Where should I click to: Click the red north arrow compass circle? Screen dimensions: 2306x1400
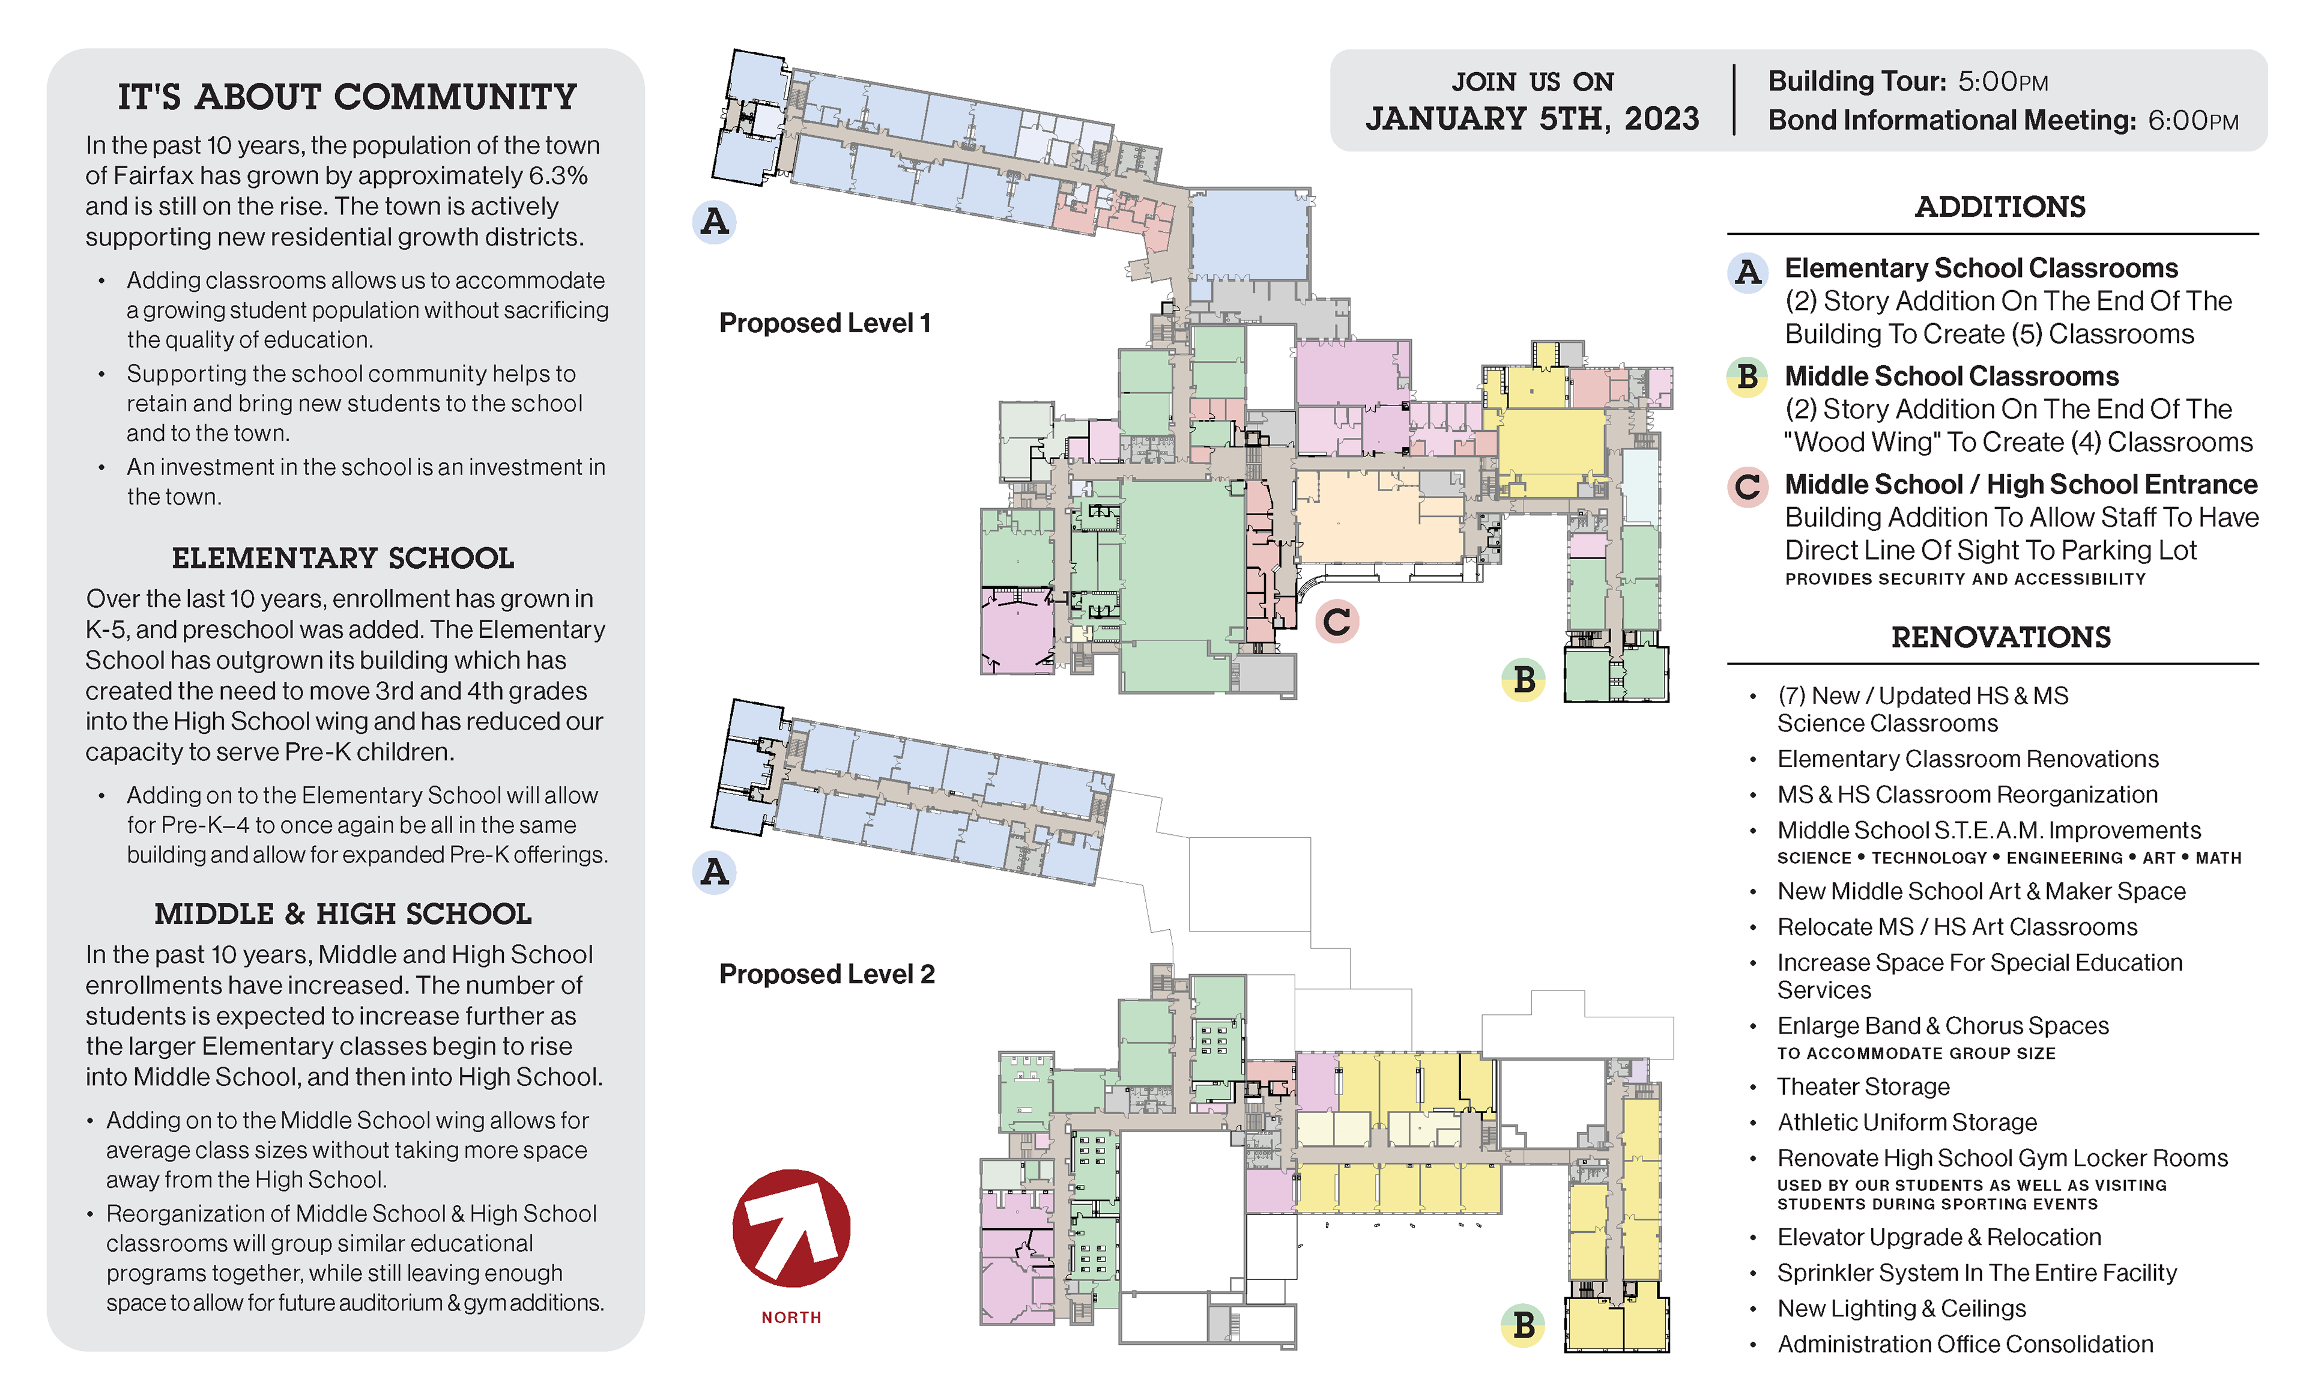[x=791, y=1228]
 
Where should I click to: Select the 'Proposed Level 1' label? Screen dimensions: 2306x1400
[x=825, y=323]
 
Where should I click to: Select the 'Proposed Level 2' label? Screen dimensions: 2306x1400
[x=826, y=974]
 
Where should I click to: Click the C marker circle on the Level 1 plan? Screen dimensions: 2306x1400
[x=1336, y=622]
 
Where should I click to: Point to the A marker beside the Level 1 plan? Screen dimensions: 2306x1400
[x=714, y=222]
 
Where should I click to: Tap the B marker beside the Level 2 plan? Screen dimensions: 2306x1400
[x=1524, y=1325]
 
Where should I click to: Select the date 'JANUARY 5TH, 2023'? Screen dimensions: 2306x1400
[x=1532, y=119]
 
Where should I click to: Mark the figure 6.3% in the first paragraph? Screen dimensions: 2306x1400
[x=558, y=176]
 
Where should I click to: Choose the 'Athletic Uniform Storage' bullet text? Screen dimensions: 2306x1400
[x=1907, y=1122]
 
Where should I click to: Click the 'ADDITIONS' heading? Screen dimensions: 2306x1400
[x=2000, y=207]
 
